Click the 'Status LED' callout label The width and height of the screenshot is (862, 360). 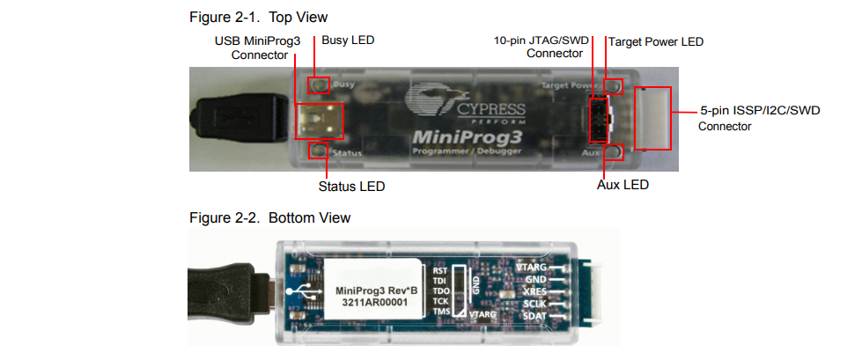[351, 187]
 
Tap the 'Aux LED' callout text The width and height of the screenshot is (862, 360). [622, 186]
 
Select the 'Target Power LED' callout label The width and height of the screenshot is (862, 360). [656, 41]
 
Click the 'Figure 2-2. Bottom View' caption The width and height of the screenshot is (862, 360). [269, 217]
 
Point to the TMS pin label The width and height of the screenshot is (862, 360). [440, 311]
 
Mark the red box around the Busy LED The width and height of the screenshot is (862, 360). [319, 85]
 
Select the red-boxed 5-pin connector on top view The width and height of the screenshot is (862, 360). [652, 118]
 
